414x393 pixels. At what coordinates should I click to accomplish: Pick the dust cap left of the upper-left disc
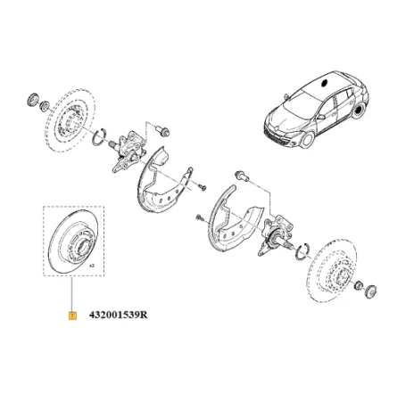[29, 96]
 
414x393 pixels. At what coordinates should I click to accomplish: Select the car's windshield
[295, 96]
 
